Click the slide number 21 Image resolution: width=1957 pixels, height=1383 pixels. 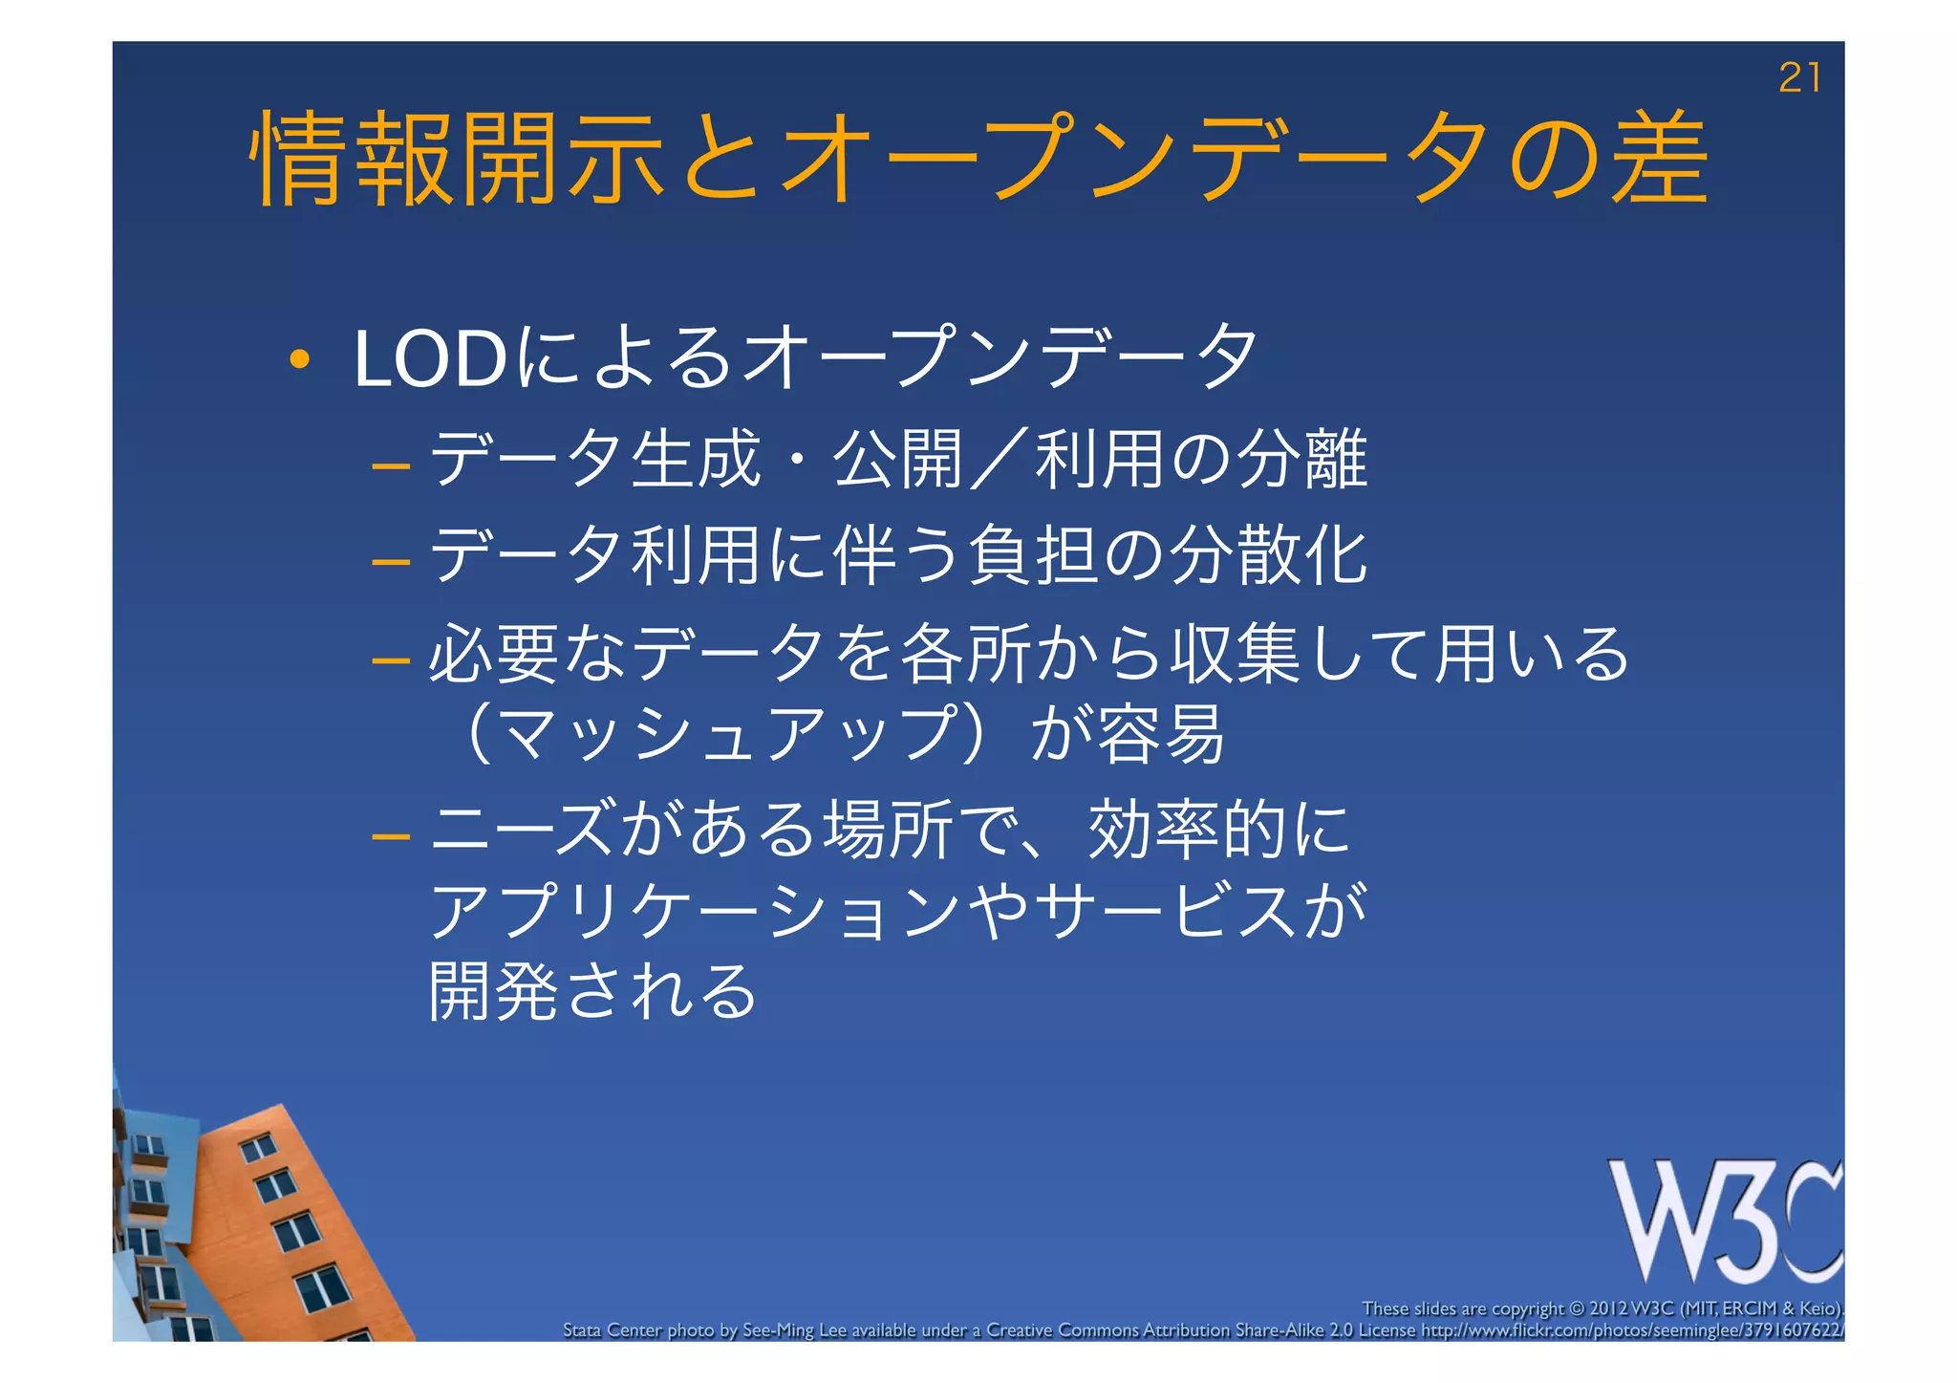click(x=1798, y=78)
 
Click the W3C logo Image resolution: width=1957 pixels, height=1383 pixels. click(x=1725, y=1221)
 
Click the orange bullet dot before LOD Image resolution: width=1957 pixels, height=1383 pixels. click(x=299, y=360)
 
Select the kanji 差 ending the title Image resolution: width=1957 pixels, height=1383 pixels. click(x=1659, y=158)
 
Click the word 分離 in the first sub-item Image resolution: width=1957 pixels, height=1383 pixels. click(x=1302, y=460)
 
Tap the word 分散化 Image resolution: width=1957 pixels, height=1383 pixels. click(x=1268, y=555)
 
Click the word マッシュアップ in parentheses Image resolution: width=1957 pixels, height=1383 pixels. click(x=727, y=734)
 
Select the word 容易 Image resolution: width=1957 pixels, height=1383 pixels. click(x=1161, y=734)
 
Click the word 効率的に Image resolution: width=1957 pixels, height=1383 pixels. click(x=1218, y=830)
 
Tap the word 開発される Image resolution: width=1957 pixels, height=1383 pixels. click(x=592, y=990)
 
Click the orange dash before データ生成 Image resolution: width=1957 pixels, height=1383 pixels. click(x=391, y=467)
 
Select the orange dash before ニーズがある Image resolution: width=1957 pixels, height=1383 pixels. click(x=391, y=837)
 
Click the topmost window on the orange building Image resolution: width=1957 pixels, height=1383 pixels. click(x=258, y=1146)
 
